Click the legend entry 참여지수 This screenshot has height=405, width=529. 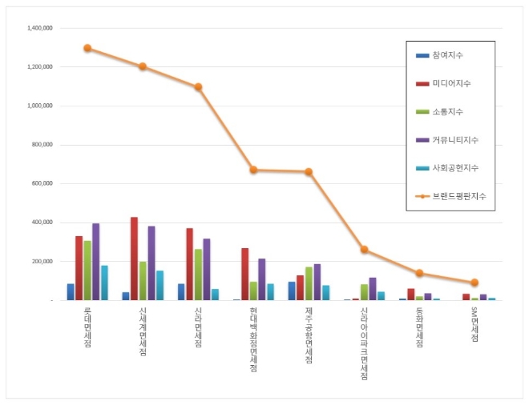click(446, 55)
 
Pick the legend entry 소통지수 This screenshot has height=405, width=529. click(446, 111)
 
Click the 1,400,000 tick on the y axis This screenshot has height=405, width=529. click(39, 28)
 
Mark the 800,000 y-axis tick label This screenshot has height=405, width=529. click(41, 145)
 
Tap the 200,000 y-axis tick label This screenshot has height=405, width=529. click(41, 262)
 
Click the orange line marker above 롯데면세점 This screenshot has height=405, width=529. click(87, 48)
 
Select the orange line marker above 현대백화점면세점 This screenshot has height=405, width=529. click(253, 170)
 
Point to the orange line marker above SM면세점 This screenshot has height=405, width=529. click(474, 283)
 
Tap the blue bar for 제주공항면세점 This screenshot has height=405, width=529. click(292, 291)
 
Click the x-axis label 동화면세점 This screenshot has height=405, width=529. click(419, 327)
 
